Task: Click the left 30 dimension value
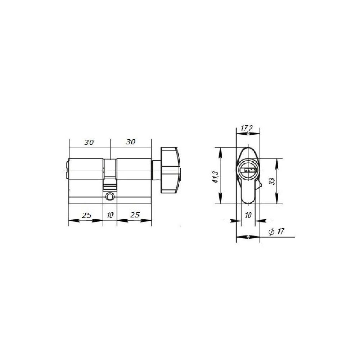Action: [x=89, y=142]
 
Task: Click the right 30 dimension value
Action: [x=130, y=142]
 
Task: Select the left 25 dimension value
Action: [x=86, y=215]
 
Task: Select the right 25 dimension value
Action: [x=135, y=215]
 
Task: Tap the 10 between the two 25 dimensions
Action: [x=110, y=215]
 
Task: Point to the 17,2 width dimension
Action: [x=247, y=129]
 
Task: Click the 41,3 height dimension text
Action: [x=216, y=177]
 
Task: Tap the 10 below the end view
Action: [x=248, y=215]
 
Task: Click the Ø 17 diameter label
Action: [x=276, y=231]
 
